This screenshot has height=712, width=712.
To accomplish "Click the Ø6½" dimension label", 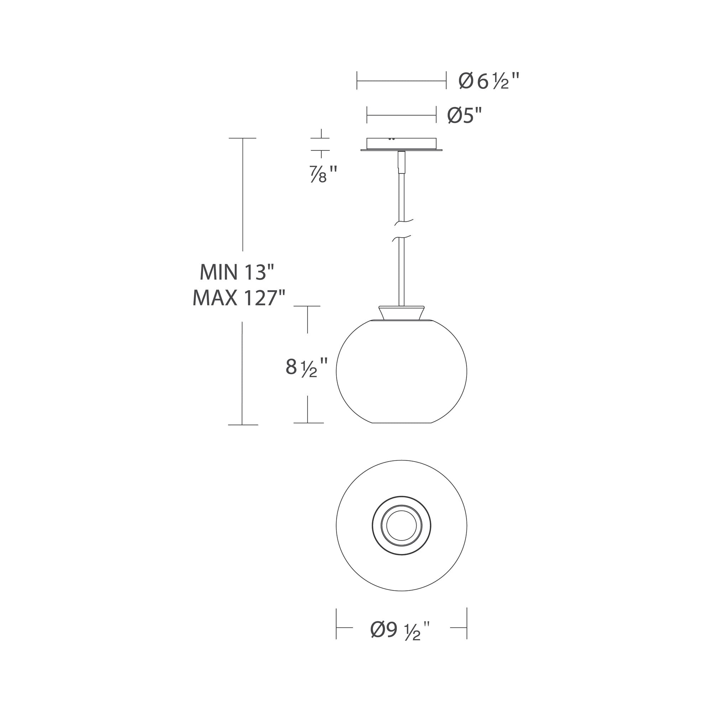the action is (x=489, y=81).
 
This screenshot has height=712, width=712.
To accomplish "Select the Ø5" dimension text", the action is (x=465, y=115).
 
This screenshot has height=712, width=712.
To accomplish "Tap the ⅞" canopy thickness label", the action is (x=323, y=174).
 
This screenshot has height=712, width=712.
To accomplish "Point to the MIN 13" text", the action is (x=237, y=272).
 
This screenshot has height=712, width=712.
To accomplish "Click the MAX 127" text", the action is (x=239, y=298).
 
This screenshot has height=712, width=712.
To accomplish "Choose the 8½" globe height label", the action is (x=306, y=367).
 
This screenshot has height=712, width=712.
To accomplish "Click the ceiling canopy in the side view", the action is (x=401, y=145).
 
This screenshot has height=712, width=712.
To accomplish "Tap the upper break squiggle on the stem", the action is (x=404, y=222).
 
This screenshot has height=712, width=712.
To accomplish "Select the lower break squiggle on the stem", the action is (x=402, y=239).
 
